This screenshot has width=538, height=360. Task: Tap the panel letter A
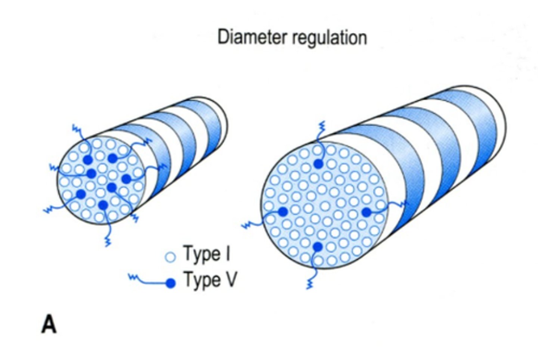(49, 324)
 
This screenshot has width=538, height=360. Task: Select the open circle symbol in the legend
(170, 257)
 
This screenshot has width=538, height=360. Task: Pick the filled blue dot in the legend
(170, 283)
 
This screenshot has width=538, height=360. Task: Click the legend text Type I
(207, 254)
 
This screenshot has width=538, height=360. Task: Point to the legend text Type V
(210, 280)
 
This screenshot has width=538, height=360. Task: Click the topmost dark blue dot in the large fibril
(318, 164)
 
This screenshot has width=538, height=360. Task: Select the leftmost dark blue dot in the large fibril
(283, 212)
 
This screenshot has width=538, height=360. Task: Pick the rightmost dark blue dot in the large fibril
(367, 212)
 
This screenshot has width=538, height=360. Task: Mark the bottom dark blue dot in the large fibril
(318, 246)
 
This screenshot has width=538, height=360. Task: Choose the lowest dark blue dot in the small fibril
(103, 204)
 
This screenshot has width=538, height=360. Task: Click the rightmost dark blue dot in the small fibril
(126, 179)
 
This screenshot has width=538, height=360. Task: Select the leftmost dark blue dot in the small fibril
(81, 193)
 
